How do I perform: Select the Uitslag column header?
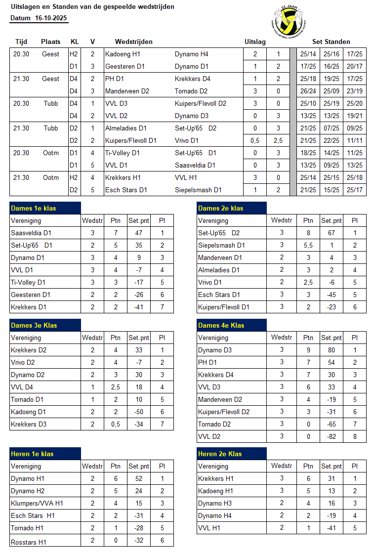coord(255,42)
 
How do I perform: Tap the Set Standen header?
coord(331,42)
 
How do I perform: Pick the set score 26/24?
coord(308,91)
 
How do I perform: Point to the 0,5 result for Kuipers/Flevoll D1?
coord(255,140)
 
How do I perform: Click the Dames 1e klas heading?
coord(34,208)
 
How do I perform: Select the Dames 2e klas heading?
coord(221,208)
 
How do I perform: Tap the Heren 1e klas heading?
coord(33,454)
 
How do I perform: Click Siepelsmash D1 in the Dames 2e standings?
coord(221,245)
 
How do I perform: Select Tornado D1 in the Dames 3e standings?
coord(28,399)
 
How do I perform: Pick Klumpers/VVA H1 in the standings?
coord(37,503)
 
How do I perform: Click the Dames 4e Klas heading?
coord(221,325)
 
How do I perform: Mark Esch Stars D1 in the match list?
coord(126,190)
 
